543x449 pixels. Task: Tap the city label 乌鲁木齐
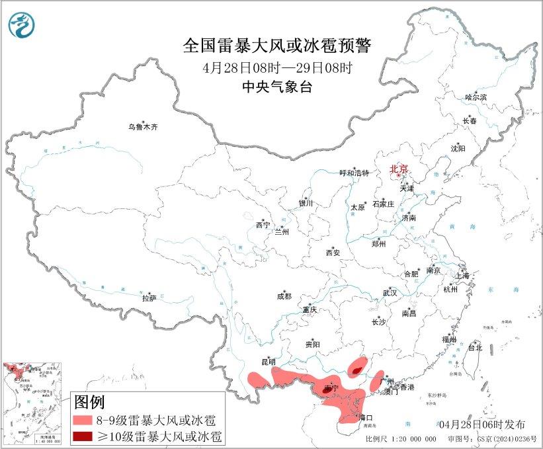[144, 126]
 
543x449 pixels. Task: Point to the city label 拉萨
[149, 298]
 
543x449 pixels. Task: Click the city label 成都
[284, 297]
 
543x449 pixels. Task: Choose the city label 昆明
[268, 362]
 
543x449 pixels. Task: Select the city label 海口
[366, 418]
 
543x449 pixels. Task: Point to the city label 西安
[334, 253]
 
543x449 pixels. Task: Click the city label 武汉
[390, 292]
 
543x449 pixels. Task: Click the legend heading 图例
[89, 401]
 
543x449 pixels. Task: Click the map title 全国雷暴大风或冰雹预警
[277, 46]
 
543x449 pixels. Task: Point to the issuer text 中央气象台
[276, 87]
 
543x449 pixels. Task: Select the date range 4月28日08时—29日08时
[277, 67]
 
